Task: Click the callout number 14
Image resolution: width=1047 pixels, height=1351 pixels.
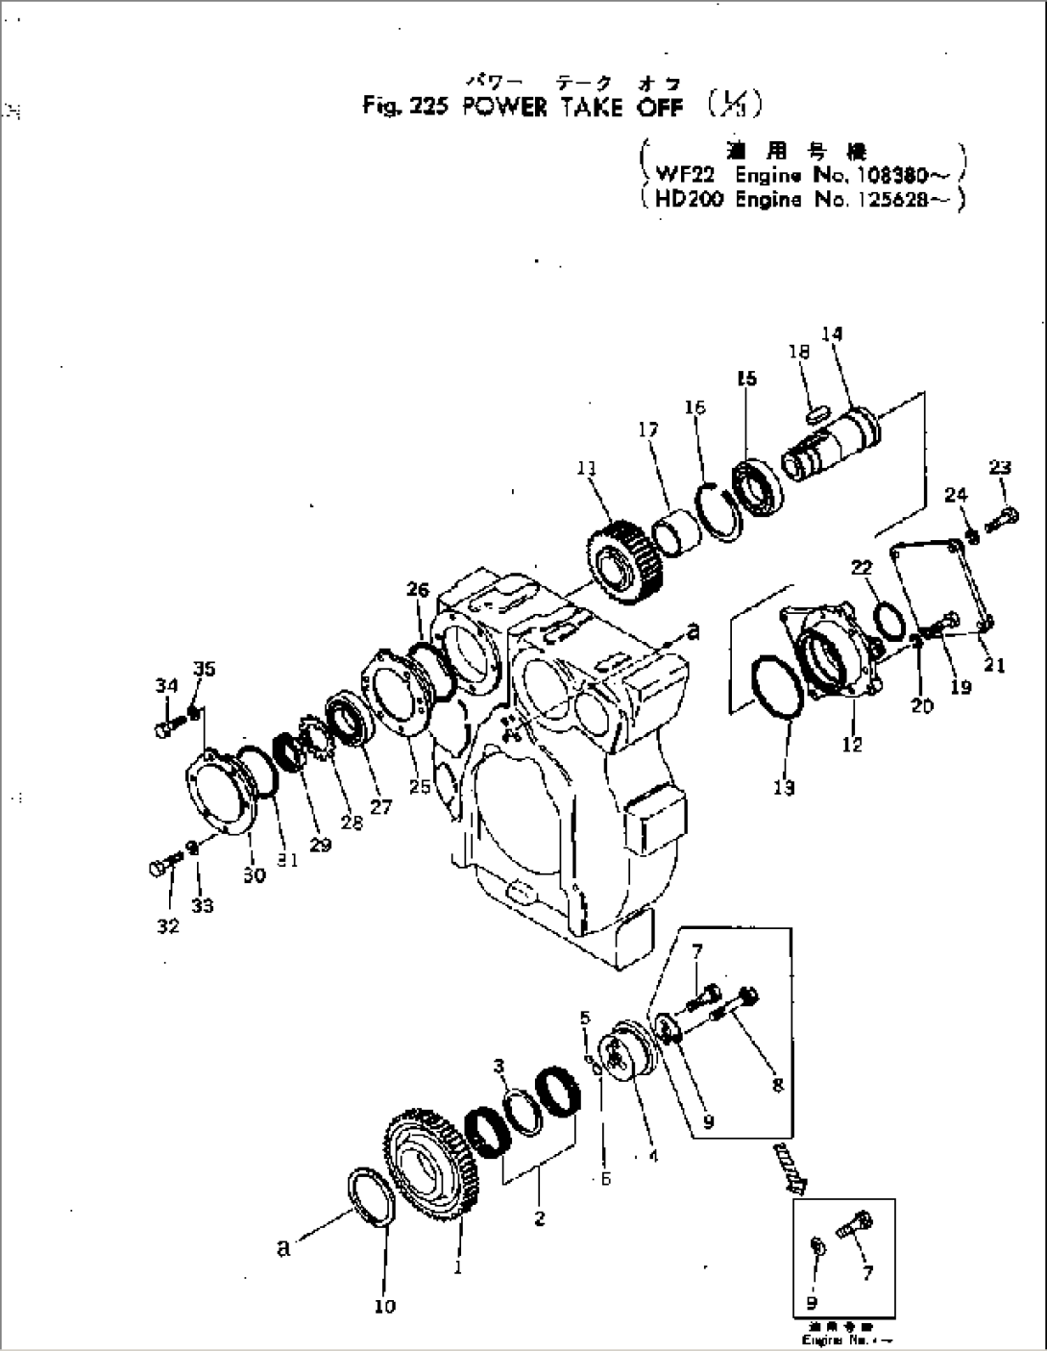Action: click(832, 333)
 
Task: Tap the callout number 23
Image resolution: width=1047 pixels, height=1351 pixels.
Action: click(1000, 468)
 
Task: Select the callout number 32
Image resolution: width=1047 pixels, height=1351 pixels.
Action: click(168, 926)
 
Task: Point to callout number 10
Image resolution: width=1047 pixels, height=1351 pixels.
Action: click(384, 1306)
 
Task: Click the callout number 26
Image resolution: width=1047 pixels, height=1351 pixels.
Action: click(418, 589)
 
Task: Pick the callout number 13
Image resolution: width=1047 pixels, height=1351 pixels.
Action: click(784, 788)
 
